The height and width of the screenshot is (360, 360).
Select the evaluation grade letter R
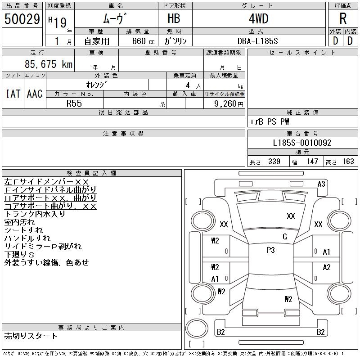tap(343, 18)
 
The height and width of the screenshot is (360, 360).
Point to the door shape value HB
tap(175, 19)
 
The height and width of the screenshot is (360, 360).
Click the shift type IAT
tap(13, 94)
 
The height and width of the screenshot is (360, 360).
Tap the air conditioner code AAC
tap(34, 94)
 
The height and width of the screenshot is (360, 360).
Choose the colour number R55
tap(74, 103)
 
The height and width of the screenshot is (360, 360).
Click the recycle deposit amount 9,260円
tap(229, 103)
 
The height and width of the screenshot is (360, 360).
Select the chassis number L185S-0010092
tap(302, 143)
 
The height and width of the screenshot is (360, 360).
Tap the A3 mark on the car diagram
tap(321, 184)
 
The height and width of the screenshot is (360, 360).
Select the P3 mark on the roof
tap(270, 251)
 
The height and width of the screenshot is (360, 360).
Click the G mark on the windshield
tap(284, 237)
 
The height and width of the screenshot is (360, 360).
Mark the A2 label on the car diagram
tap(327, 267)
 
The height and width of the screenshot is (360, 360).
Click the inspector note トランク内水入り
tap(35, 214)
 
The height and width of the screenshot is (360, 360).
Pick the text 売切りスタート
tap(31, 336)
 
